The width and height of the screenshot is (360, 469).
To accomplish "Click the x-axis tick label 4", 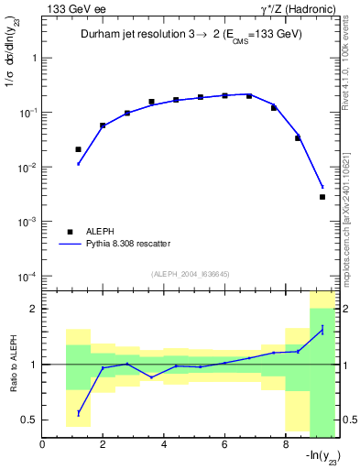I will click(x=164, y=445).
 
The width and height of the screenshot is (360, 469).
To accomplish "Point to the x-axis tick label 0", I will click(x=43, y=445).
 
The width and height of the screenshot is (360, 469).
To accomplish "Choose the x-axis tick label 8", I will click(x=285, y=445).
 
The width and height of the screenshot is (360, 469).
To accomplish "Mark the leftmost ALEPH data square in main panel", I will click(x=79, y=149).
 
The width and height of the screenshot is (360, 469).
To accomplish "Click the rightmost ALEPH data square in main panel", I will click(x=322, y=197).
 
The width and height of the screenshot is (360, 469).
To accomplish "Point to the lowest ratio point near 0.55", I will click(x=79, y=413).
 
